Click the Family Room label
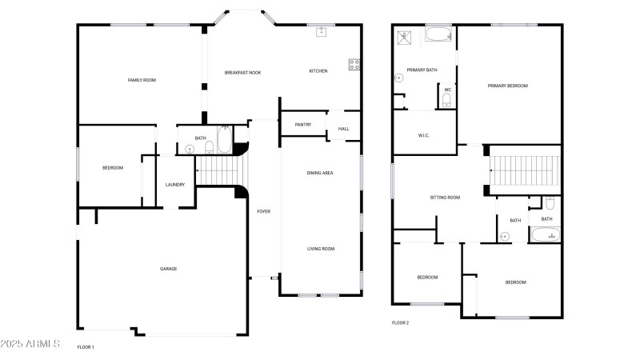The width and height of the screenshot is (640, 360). coord(142,80)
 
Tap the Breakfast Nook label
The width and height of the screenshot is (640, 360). coord(242,73)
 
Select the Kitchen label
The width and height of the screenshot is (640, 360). coord(318,72)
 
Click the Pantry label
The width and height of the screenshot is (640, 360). coord(303,125)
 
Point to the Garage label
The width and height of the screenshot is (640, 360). coord(169,269)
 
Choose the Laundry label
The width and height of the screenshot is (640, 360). coord(175,185)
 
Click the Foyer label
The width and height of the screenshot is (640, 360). coord(263,211)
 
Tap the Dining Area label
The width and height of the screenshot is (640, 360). coord(320,173)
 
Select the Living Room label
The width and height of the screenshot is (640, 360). coord(321,249)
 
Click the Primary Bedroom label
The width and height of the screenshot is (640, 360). coord(508,86)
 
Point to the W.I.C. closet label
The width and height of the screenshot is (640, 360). coord(424,135)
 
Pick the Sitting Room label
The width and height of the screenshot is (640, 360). coord(445,197)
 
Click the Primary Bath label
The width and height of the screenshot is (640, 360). coord(422,70)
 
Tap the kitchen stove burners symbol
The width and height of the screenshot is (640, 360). coord(353,66)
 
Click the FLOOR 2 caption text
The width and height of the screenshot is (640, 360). coord(400,322)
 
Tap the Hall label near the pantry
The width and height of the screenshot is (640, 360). coord(344,129)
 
